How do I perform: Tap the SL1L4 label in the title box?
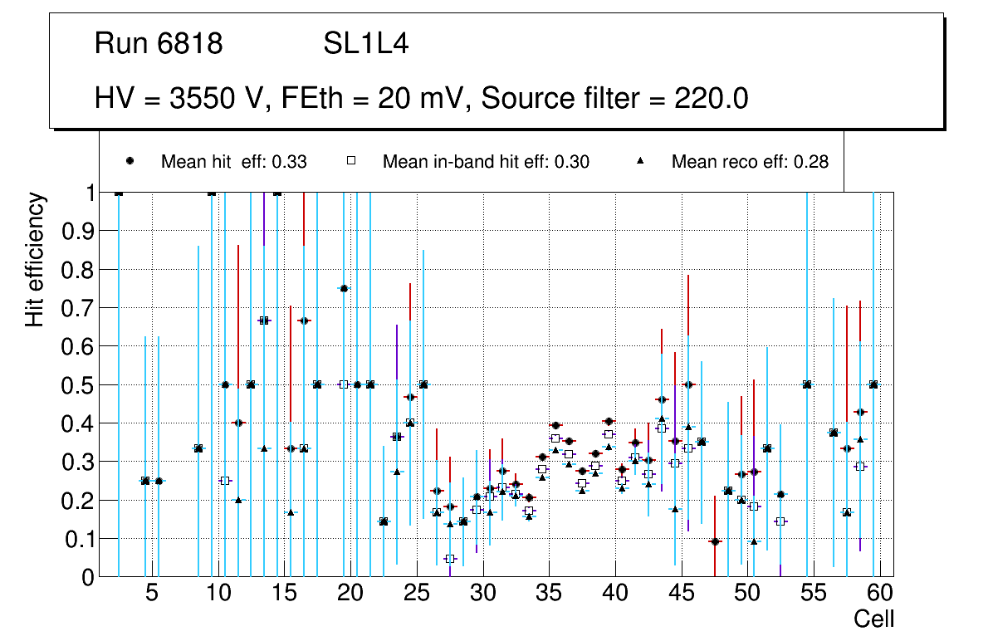(365, 43)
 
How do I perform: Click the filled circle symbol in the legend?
(130, 161)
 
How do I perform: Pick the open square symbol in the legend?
(351, 161)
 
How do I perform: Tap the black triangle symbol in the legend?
(641, 161)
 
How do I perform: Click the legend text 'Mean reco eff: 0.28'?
(750, 162)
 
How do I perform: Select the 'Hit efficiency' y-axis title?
(34, 259)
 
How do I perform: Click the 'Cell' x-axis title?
(873, 619)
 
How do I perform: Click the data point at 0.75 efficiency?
(344, 288)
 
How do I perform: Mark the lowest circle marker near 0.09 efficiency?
(715, 541)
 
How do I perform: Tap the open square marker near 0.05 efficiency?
(450, 558)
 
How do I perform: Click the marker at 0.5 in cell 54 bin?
(807, 384)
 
